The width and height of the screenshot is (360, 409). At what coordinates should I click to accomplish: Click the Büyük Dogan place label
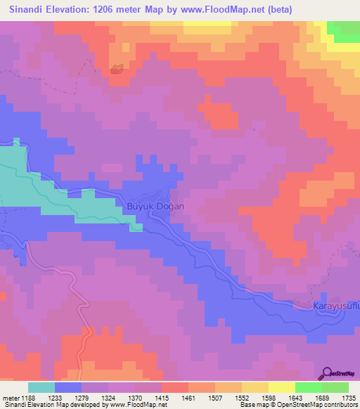pos(155,207)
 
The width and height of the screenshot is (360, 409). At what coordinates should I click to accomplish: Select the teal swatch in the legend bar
pos(41,387)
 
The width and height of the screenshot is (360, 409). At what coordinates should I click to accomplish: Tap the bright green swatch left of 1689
pos(308,387)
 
